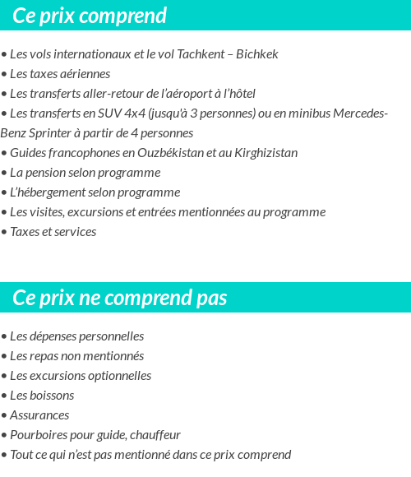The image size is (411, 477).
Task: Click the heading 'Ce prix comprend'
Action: pyautogui.click(x=90, y=16)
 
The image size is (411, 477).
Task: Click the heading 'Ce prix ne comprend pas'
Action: pyautogui.click(x=120, y=298)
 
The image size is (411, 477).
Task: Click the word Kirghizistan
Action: pyautogui.click(x=257, y=153)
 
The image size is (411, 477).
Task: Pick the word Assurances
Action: pyautogui.click(x=39, y=415)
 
